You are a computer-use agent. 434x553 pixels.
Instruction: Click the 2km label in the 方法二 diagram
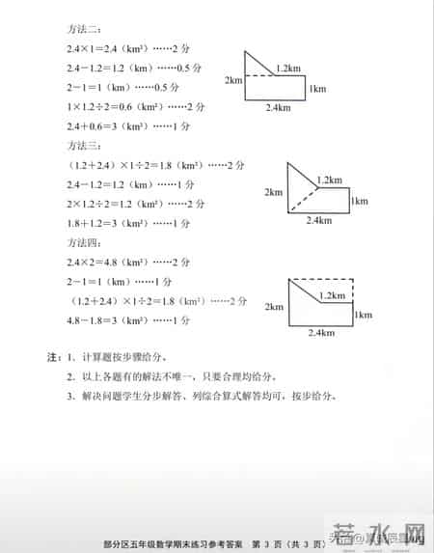click(232, 81)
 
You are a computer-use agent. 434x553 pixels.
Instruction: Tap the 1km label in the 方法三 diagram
click(359, 201)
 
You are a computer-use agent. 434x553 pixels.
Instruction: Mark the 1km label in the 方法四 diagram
click(364, 315)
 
